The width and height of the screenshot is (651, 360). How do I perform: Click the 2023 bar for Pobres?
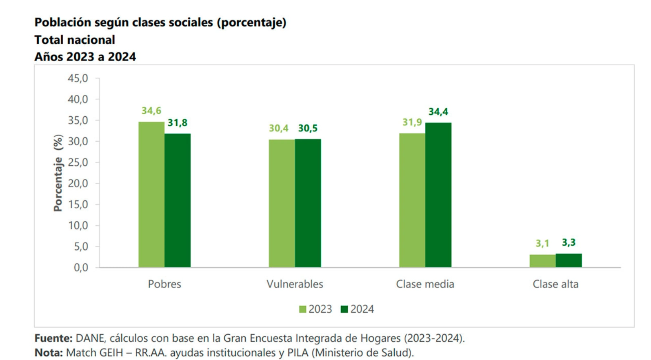[x=151, y=195]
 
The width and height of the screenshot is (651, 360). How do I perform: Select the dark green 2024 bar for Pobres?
[x=178, y=200]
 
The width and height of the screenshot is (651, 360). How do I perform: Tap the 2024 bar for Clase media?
[x=438, y=195]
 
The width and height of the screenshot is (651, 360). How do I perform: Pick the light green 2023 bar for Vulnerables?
[x=282, y=203]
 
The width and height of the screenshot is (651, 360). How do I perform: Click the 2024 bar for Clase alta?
[x=569, y=260]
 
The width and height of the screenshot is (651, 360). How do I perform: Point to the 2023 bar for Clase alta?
[x=542, y=261]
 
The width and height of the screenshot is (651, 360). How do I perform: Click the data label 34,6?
[x=151, y=111]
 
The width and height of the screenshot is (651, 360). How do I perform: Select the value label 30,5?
[x=308, y=128]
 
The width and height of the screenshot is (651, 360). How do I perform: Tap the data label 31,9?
[x=412, y=122]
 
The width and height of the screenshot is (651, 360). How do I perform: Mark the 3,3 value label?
[x=569, y=242]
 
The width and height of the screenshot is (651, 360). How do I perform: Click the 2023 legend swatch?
[x=302, y=309]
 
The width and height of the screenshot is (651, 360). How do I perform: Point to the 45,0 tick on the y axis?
[x=78, y=78]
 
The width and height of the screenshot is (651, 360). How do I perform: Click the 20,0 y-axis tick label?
[x=78, y=183]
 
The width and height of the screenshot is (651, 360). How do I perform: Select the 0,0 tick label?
[x=80, y=268]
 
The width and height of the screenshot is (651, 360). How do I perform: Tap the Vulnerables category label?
[x=295, y=284]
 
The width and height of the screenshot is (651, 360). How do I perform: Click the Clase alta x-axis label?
[x=555, y=284]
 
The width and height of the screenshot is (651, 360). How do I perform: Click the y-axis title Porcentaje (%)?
[x=58, y=173]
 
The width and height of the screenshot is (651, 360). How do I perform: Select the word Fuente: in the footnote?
[x=53, y=338]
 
